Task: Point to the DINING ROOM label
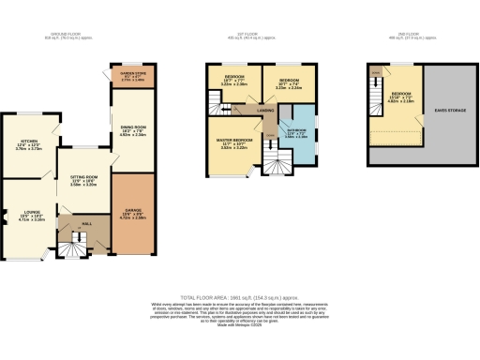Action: tap(131, 129)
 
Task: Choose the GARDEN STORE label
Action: tap(131, 74)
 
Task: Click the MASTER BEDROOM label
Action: tap(233, 142)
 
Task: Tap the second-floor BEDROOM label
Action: tap(400, 95)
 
